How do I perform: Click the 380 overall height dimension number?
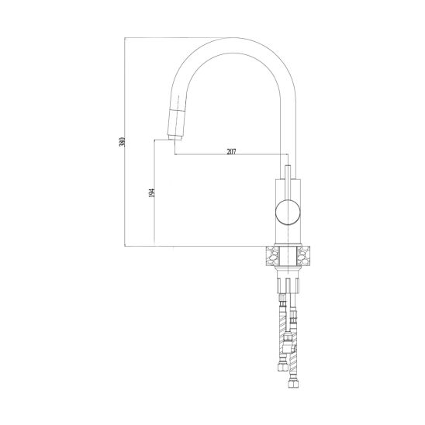123,142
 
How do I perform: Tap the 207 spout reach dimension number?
231,151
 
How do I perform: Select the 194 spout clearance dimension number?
152,192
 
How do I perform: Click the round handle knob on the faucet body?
289,212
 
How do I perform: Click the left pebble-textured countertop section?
272,255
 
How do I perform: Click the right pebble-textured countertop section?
303,255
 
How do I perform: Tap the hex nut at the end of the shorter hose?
282,367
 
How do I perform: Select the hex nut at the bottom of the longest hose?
293,383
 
